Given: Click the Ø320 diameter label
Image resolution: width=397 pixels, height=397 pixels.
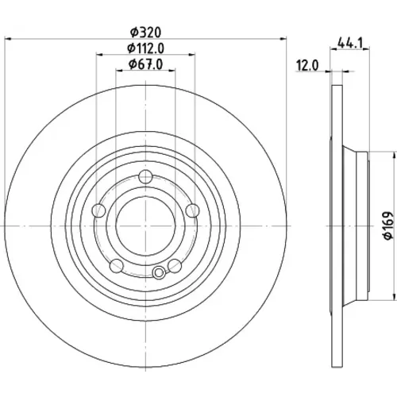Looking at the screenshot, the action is click(145, 33).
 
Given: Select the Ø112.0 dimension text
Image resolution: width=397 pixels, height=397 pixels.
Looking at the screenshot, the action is click(145, 48).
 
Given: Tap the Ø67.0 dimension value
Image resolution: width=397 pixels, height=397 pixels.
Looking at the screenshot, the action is click(145, 64).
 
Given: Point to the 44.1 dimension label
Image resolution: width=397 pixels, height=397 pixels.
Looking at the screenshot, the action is click(349, 43).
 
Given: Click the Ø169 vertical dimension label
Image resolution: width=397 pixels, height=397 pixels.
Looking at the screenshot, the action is click(388, 225).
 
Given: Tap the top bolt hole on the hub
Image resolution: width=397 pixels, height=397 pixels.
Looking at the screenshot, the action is click(145, 177).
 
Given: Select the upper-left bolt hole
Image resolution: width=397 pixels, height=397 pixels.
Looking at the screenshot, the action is click(98, 210).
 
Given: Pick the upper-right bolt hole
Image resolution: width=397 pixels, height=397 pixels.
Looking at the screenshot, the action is click(192, 210).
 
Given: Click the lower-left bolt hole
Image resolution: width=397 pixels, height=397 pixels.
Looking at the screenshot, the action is click(117, 266).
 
